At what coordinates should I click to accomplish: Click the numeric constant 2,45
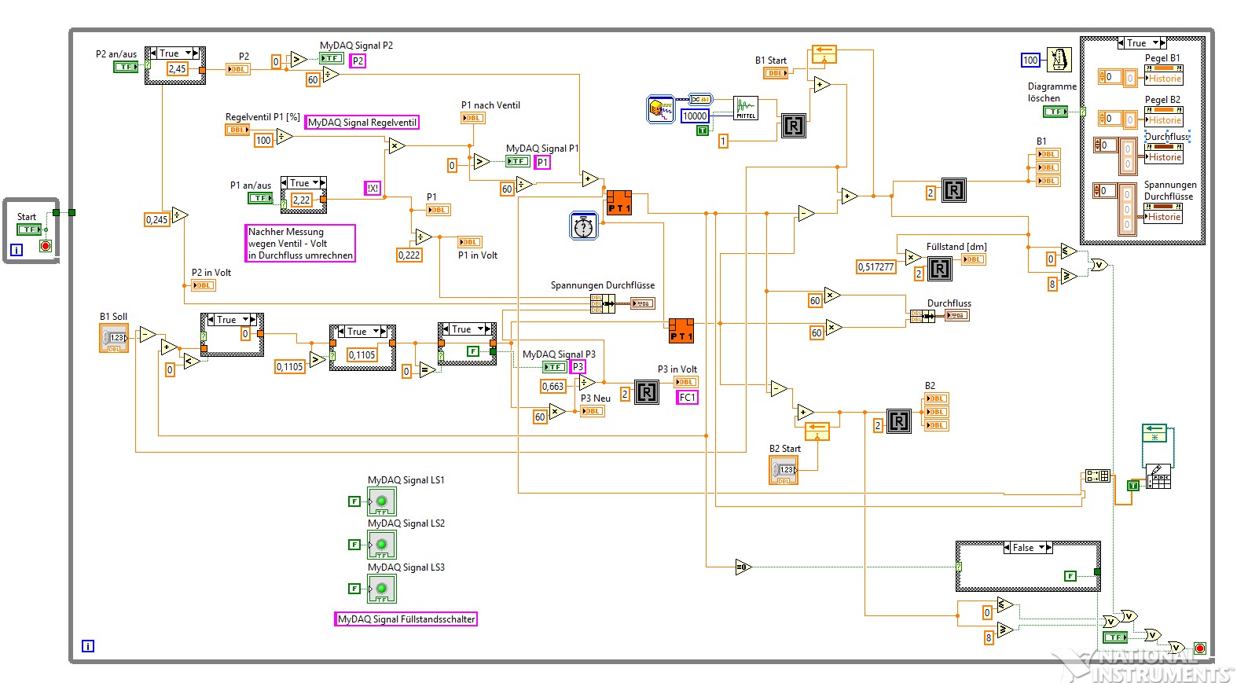(x=177, y=69)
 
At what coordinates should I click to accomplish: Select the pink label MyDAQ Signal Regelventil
(x=362, y=123)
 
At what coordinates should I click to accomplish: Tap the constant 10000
(x=694, y=116)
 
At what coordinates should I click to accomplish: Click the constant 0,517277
(x=875, y=267)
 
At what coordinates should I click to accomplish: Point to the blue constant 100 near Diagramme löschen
(x=1030, y=61)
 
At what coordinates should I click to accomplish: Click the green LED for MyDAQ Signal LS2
(x=382, y=544)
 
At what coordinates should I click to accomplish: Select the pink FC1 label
(x=687, y=398)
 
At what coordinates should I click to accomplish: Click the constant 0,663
(x=552, y=387)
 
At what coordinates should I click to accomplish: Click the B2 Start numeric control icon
(x=784, y=470)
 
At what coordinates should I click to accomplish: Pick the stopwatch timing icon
(x=583, y=226)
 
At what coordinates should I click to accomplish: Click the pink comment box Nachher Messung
(x=300, y=244)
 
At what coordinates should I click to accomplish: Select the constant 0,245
(x=156, y=220)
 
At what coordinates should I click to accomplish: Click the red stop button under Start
(x=46, y=247)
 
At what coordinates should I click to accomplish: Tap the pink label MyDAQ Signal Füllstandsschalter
(x=406, y=619)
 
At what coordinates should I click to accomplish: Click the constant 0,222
(x=409, y=255)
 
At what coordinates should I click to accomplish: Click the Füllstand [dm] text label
(x=956, y=247)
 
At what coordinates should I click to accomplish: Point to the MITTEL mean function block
(x=745, y=108)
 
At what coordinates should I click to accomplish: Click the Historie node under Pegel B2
(x=1164, y=120)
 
